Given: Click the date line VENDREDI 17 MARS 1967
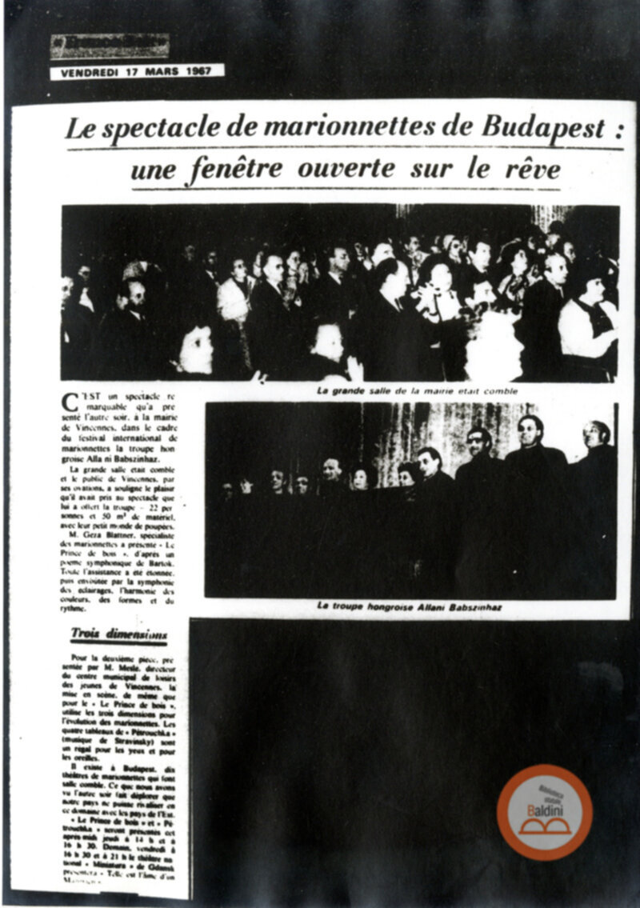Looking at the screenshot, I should (x=137, y=71).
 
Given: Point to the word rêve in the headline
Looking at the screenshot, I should (x=530, y=170).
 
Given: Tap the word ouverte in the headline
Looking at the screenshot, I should (x=346, y=170).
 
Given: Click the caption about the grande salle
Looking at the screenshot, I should (x=415, y=391).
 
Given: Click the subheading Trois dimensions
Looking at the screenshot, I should (x=118, y=634).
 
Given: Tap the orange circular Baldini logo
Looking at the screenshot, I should (x=544, y=812).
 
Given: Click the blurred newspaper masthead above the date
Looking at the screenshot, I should (x=110, y=46).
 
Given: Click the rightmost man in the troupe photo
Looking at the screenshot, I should (x=594, y=448).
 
